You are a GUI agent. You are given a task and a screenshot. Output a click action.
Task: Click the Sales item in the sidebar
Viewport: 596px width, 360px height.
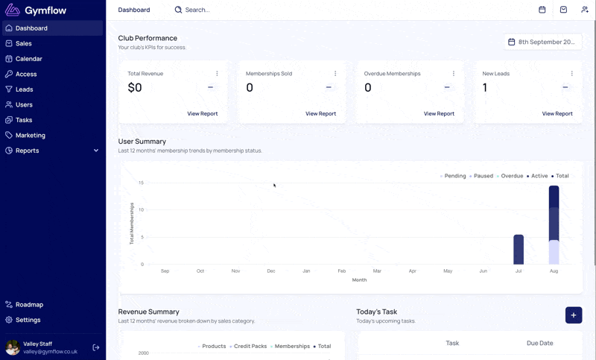click(x=24, y=43)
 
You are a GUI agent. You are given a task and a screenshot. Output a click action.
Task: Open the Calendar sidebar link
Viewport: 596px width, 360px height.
click(x=29, y=59)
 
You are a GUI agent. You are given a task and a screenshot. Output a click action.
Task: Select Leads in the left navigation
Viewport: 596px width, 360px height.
click(x=25, y=89)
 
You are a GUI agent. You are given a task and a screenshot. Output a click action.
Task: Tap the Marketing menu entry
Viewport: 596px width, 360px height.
click(x=31, y=135)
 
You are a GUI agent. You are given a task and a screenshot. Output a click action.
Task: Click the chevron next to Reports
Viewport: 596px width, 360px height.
click(x=96, y=151)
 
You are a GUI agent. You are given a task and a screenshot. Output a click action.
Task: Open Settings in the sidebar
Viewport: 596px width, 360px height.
click(x=28, y=320)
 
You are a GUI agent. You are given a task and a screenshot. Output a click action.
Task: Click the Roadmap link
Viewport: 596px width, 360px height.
click(x=29, y=305)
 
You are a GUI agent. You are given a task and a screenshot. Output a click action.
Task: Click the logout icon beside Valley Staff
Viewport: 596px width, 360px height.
click(x=96, y=347)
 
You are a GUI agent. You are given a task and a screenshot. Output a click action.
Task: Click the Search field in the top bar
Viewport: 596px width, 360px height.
click(x=197, y=10)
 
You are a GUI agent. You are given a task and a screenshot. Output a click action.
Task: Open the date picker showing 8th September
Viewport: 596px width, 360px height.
click(x=543, y=42)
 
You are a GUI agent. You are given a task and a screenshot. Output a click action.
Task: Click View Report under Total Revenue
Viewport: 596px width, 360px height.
click(x=202, y=113)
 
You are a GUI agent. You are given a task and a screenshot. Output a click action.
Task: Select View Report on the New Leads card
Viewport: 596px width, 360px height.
click(x=557, y=113)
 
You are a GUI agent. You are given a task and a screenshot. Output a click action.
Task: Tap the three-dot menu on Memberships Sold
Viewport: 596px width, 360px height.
click(x=335, y=73)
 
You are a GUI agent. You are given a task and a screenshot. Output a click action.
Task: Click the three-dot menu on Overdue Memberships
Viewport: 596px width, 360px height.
click(x=454, y=73)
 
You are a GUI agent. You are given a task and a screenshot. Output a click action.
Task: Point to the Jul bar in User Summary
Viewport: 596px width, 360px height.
click(x=519, y=250)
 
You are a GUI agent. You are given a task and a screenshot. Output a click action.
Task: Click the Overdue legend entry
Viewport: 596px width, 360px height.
click(x=510, y=176)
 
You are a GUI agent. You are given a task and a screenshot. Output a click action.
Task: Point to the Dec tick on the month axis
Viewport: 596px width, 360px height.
click(x=271, y=271)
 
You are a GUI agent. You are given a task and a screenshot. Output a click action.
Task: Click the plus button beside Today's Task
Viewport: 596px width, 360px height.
click(x=574, y=315)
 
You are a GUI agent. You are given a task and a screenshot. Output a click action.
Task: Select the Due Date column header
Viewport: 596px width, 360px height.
click(x=539, y=343)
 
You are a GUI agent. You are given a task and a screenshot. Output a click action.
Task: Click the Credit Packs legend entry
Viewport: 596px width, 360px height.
click(x=248, y=347)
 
